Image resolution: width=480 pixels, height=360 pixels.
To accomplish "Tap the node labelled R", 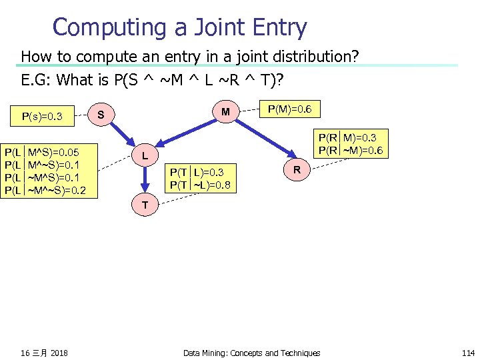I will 297,171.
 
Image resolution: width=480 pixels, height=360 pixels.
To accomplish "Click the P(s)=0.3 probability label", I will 42,117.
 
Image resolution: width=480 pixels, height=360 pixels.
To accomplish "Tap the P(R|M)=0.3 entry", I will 351,138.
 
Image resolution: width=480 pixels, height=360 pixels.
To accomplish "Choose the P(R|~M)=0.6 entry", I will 351,150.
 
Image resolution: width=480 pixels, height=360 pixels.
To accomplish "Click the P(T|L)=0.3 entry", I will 197,173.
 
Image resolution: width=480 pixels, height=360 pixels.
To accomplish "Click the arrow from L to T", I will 145,180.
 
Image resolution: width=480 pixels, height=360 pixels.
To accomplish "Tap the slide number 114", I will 467,353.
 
